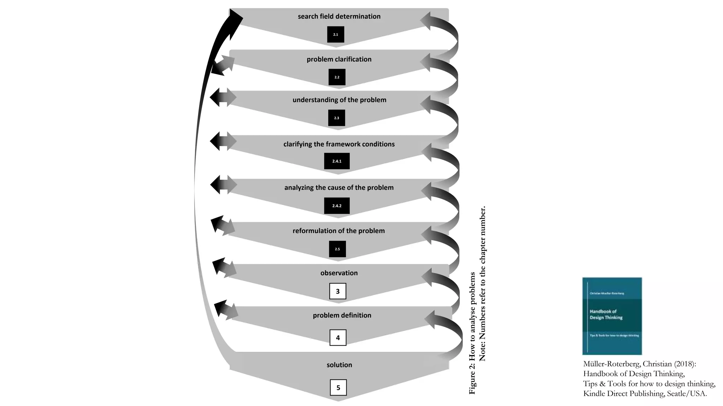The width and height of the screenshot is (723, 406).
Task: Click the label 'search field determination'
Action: [339, 16]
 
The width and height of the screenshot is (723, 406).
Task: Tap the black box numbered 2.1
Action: [335, 35]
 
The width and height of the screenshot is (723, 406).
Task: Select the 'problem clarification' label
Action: [339, 59]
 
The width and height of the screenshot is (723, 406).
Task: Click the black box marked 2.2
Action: [337, 77]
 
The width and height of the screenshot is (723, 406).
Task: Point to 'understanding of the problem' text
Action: [339, 100]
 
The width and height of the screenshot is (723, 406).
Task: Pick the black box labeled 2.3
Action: [336, 118]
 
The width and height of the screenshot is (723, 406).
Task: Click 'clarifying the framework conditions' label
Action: [339, 144]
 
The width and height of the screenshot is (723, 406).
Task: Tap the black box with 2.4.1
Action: [337, 161]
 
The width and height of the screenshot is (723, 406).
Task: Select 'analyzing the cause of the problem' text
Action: [339, 187]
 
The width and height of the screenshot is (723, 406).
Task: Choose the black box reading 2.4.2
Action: [337, 206]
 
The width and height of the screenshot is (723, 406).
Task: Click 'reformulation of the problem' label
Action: [339, 231]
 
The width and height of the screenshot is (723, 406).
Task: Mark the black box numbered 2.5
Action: [337, 249]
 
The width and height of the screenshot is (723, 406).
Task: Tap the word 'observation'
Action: [339, 273]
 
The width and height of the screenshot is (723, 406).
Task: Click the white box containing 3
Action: [337, 291]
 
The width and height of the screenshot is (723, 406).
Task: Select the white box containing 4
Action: [338, 338]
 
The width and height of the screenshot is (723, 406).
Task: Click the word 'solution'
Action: [339, 365]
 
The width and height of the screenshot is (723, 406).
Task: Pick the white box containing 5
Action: [338, 388]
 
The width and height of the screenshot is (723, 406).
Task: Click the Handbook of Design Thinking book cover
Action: [612, 316]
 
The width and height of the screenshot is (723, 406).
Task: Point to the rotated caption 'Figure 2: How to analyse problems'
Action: [472, 333]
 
